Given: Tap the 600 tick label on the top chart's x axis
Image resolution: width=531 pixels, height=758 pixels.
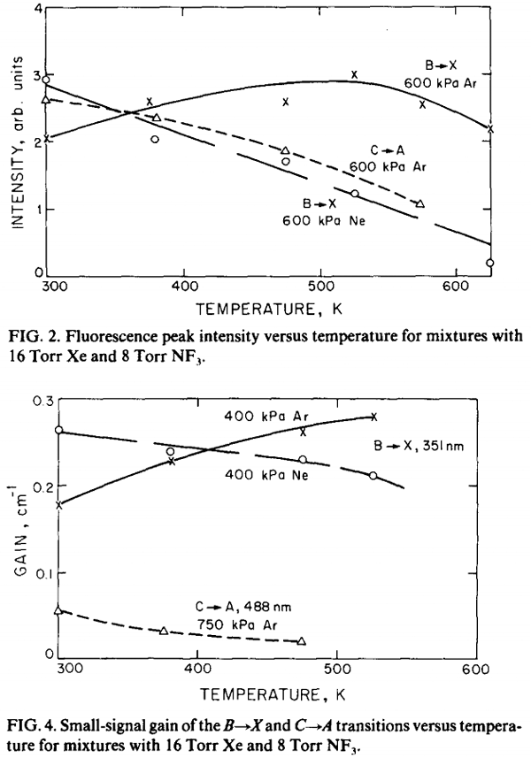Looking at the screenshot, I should click(x=455, y=287).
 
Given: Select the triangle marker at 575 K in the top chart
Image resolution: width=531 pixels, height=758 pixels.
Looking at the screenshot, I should click(x=420, y=203).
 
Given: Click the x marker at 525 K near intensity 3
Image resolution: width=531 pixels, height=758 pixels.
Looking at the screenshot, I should click(x=354, y=74).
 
